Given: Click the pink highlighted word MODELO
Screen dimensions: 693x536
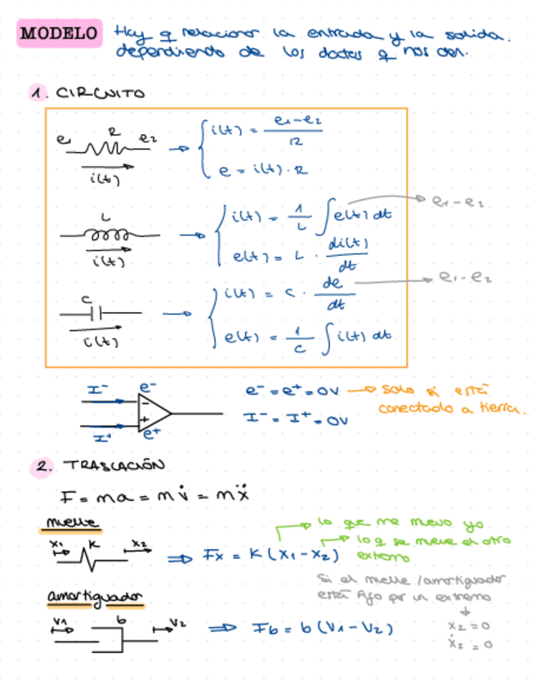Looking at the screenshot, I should [58, 34].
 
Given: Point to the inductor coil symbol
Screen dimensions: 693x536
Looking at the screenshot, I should [109, 235].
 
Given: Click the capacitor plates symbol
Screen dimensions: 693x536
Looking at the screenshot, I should [96, 312].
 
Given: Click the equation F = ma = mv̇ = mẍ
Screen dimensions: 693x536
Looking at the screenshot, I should [155, 496].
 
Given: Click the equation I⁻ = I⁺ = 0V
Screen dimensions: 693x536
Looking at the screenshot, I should [295, 418].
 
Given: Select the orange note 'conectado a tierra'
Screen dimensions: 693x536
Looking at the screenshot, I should [450, 408].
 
